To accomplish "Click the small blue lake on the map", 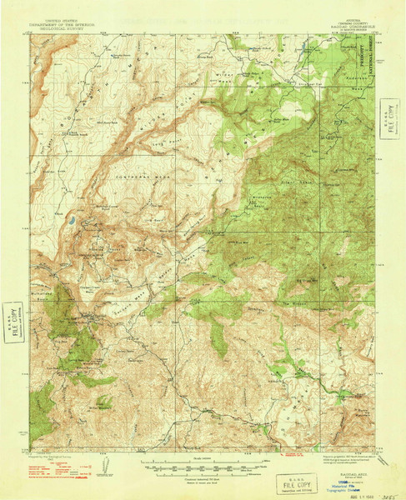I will point(72,221).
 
